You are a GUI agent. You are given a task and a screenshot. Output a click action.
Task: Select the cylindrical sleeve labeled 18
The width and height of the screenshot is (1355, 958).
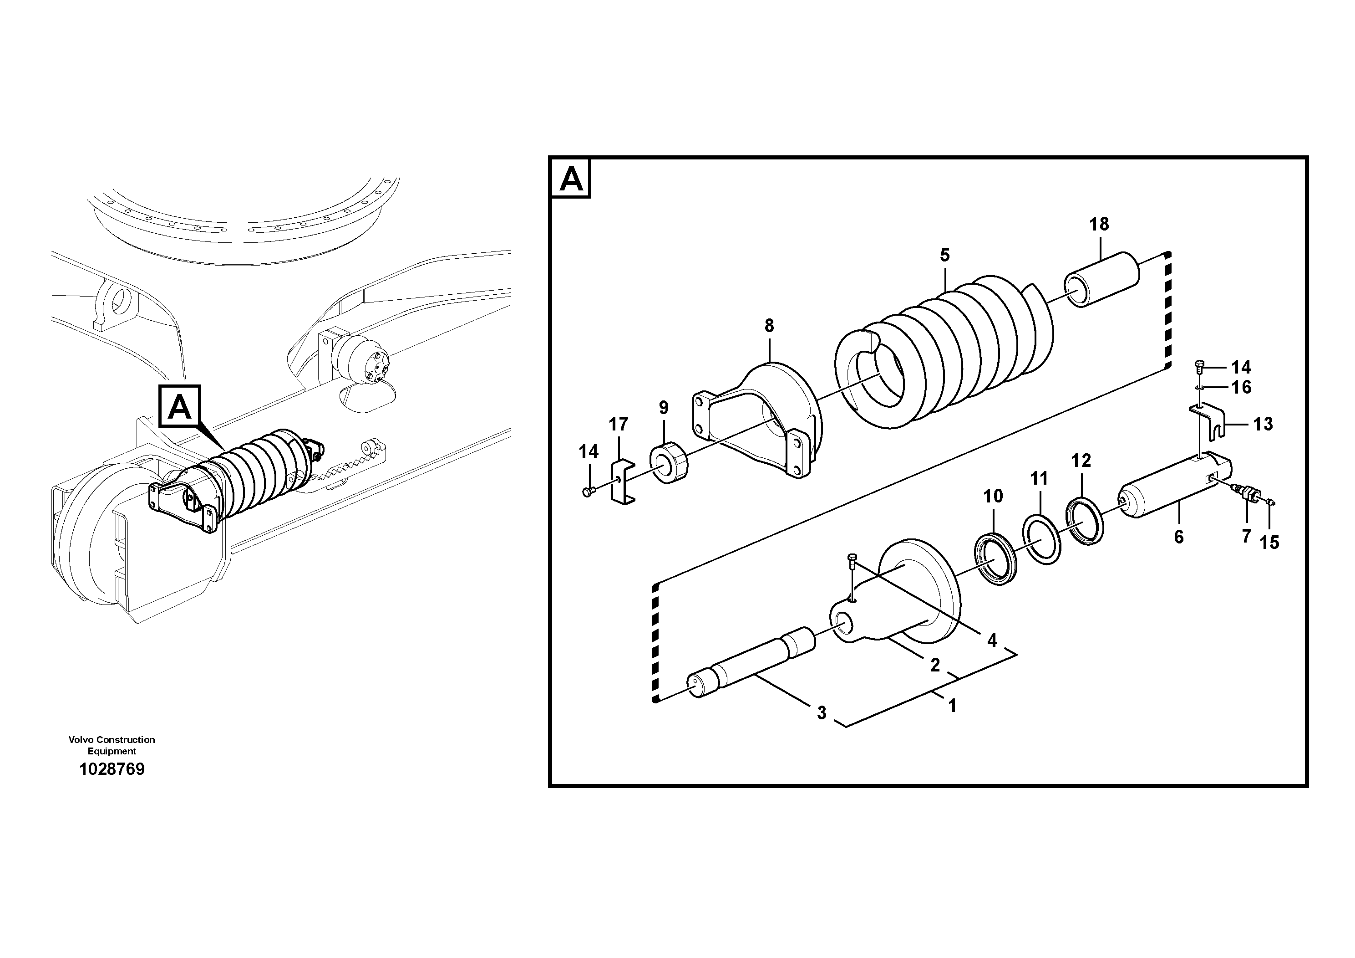(x=1101, y=279)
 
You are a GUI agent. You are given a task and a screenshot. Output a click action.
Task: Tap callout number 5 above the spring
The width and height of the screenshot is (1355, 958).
(x=945, y=255)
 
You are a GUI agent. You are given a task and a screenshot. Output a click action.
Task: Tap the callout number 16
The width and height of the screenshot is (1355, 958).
(x=1242, y=388)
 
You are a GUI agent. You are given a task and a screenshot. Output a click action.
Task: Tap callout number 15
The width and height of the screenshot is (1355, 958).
(x=1269, y=542)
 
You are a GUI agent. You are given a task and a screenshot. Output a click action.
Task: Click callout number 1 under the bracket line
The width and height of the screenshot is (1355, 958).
(x=951, y=705)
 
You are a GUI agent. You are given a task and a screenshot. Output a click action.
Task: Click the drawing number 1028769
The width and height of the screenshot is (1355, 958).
(x=112, y=769)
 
